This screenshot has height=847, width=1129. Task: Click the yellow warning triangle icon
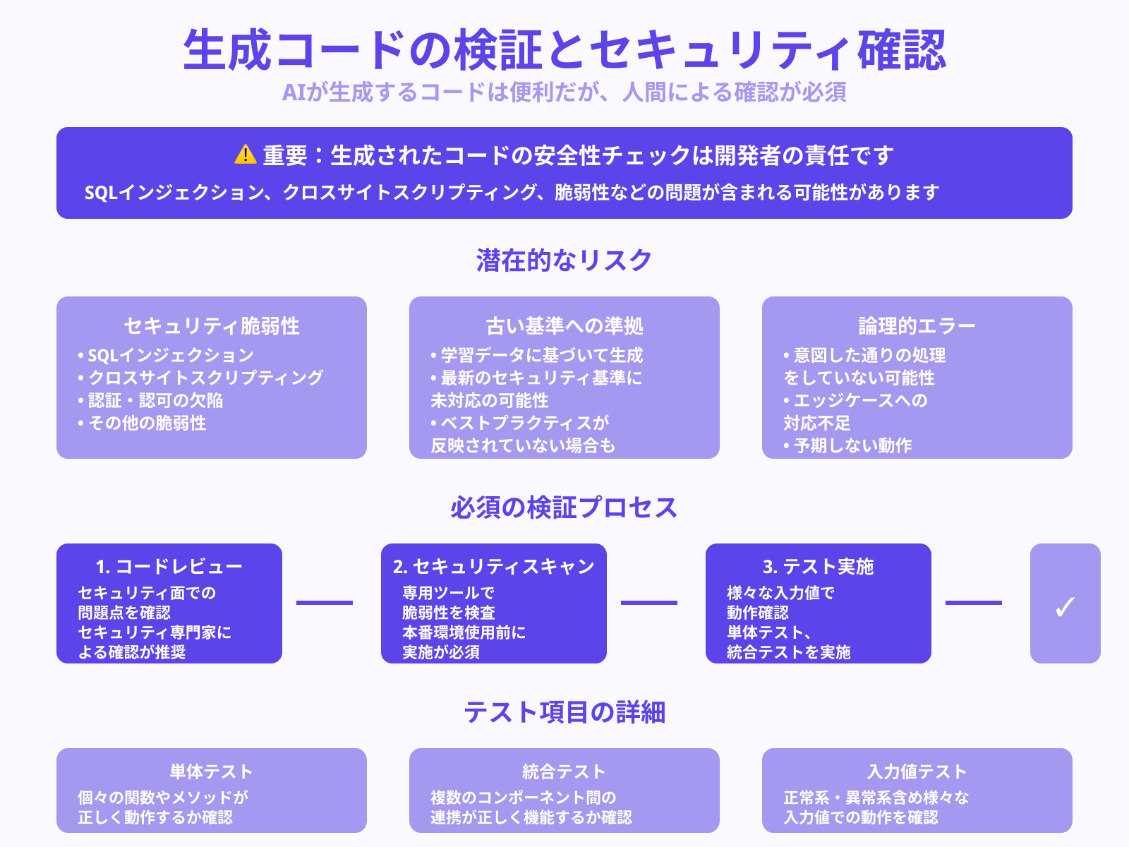coord(245,155)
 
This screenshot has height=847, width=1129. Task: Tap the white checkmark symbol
coord(1065,606)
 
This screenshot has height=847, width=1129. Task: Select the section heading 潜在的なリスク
coord(564,260)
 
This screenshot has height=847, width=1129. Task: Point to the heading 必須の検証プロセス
coord(564,507)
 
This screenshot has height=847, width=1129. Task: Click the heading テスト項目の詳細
coord(564,711)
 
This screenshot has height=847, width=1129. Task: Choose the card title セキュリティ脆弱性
coord(212,325)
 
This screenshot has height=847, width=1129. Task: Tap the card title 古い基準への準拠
coord(564,325)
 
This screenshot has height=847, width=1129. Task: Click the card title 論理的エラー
coord(917,325)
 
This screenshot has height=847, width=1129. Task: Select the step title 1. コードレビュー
coord(169,566)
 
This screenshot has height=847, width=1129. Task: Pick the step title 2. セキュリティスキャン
coord(494,566)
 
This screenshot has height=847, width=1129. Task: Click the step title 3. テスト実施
coord(819,566)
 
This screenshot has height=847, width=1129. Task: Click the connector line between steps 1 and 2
coord(325,603)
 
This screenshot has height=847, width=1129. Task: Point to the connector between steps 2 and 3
coord(649,603)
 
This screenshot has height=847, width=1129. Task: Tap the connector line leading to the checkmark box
coord(974,603)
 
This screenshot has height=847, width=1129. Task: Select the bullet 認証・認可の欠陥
coord(155,400)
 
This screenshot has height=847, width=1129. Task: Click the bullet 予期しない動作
coord(852,445)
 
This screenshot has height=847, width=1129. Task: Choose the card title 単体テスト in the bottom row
coord(211,771)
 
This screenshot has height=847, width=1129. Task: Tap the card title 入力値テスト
coord(917,771)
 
